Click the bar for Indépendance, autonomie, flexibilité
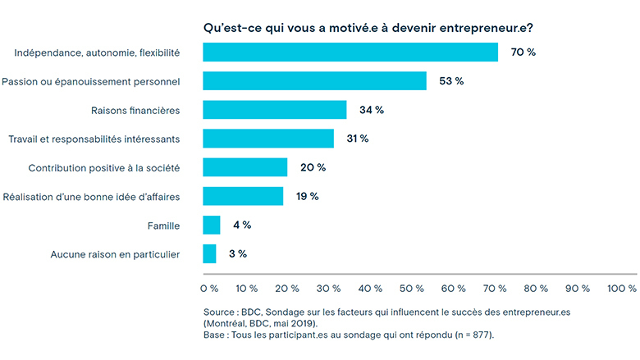(x=350, y=52)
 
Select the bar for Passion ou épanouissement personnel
(x=314, y=81)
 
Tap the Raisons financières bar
(x=275, y=110)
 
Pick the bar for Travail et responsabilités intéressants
(x=268, y=139)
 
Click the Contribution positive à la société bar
(x=245, y=167)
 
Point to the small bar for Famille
(x=212, y=225)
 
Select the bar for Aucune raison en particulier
(x=209, y=253)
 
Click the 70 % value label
(x=523, y=52)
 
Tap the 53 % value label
(x=451, y=81)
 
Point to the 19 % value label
(x=307, y=196)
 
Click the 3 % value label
(x=237, y=253)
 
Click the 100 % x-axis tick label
(x=621, y=288)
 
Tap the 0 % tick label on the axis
(x=209, y=288)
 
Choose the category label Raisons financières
(x=135, y=110)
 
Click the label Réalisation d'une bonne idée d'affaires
(x=92, y=196)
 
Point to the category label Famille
(x=163, y=225)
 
